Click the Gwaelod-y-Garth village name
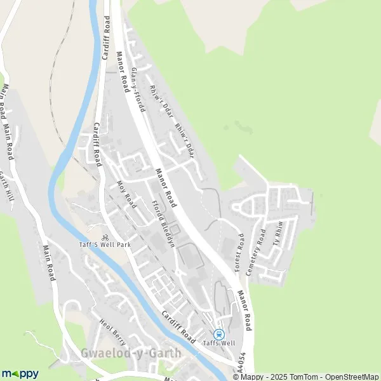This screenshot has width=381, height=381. [x=131, y=353]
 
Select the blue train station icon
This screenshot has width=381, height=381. [x=220, y=334]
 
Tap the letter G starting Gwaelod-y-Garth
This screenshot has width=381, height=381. [x=85, y=353]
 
